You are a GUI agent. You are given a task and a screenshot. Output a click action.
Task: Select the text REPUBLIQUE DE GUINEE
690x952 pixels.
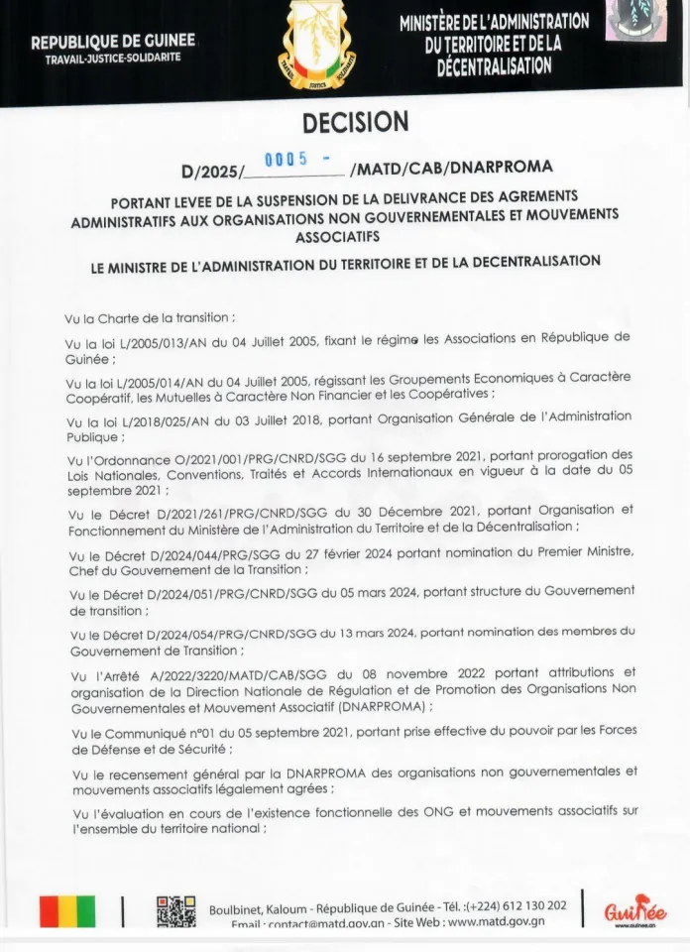(x=113, y=42)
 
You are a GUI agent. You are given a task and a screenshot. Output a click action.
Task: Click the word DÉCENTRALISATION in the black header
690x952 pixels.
(x=494, y=66)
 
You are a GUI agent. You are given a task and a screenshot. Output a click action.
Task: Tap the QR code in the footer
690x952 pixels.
(x=175, y=911)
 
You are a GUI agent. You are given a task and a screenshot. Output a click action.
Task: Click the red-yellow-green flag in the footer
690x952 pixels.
(x=67, y=911)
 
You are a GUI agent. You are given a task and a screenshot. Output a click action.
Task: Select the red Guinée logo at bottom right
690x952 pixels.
(x=634, y=909)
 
